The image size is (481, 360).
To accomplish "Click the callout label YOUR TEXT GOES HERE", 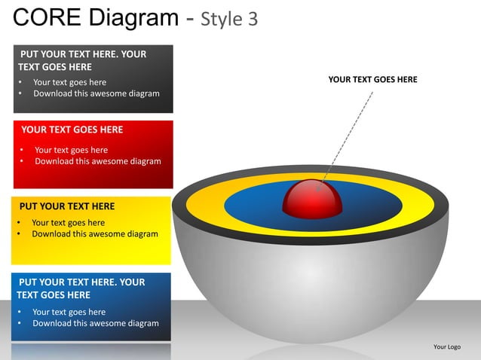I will pyautogui.click(x=372, y=79).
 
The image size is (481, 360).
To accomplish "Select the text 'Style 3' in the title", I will pyautogui.click(x=230, y=19).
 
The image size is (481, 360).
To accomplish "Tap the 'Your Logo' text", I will pyautogui.click(x=447, y=346).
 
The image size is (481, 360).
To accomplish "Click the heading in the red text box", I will pyautogui.click(x=72, y=130).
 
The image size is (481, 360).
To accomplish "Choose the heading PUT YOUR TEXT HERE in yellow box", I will pyautogui.click(x=67, y=206).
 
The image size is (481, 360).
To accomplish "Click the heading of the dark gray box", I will pyautogui.click(x=82, y=60).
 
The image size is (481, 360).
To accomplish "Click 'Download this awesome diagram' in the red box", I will pyautogui.click(x=98, y=161).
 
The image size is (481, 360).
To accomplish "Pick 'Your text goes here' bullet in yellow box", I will pyautogui.click(x=69, y=223).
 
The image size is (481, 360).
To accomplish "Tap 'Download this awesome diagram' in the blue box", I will pyautogui.click(x=96, y=324).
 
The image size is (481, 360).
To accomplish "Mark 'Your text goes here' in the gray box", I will pyautogui.click(x=70, y=82).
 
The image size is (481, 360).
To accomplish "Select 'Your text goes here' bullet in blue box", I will pyautogui.click(x=69, y=313).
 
